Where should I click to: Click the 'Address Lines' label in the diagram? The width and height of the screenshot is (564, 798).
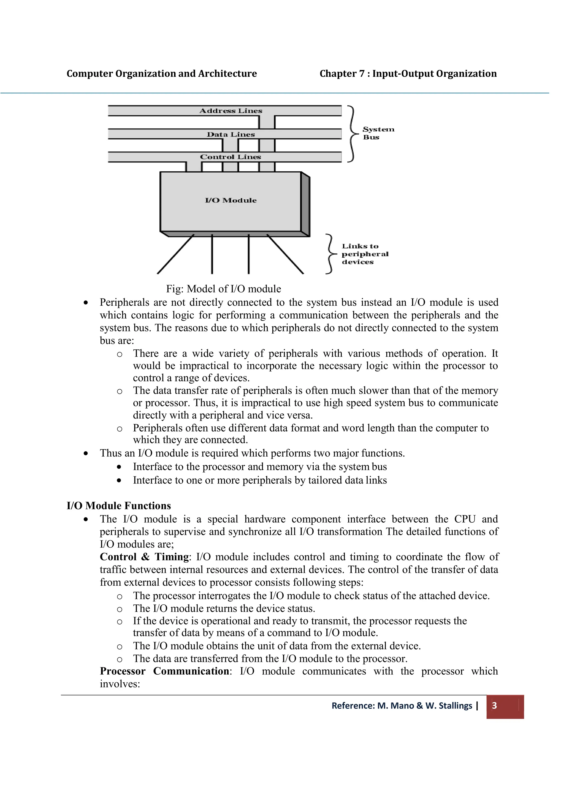pos(231,111)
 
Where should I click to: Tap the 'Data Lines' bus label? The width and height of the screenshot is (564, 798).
pos(231,134)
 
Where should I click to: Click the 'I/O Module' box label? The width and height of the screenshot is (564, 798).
pos(231,200)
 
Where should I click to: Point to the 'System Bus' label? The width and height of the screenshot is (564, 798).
pos(378,133)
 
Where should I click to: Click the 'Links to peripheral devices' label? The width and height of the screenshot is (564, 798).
pos(365,254)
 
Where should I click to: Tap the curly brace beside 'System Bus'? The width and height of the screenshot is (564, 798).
pos(353,134)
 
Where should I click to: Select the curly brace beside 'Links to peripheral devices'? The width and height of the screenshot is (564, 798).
pos(330,254)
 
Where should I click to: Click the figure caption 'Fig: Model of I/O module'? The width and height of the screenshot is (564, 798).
pos(223,289)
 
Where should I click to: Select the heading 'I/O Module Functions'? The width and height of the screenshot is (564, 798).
pos(119,506)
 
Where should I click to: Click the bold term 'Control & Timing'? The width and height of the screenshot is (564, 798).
pos(144,557)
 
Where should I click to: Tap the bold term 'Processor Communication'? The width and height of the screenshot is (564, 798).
pos(164,671)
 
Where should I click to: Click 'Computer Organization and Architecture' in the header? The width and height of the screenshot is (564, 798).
pos(162,74)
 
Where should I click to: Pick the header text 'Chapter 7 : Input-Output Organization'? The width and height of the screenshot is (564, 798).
pos(408,74)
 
